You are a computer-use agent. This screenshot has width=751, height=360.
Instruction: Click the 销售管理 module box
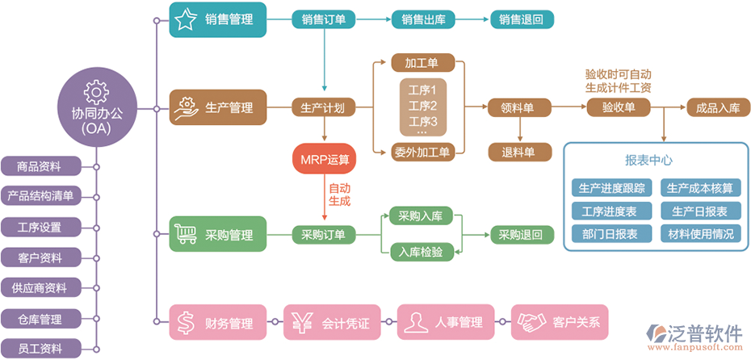(217, 19)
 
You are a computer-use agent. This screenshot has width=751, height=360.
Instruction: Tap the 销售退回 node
(522, 19)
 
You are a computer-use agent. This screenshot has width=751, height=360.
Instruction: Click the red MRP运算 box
(325, 159)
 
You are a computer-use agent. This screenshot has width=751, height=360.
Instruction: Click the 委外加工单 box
(423, 150)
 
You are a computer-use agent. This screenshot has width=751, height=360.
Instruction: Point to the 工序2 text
(422, 106)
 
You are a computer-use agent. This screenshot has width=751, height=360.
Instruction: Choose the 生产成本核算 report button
(700, 188)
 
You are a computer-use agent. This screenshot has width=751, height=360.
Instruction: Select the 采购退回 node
(521, 235)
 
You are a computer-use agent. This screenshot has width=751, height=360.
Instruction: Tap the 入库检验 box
(421, 253)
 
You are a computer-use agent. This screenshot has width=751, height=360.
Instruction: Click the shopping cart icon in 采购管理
(187, 235)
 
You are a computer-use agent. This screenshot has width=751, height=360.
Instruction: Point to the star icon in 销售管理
(186, 19)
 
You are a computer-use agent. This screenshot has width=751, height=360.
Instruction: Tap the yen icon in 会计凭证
(303, 323)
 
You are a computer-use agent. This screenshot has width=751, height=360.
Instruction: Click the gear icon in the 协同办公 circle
(95, 89)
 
